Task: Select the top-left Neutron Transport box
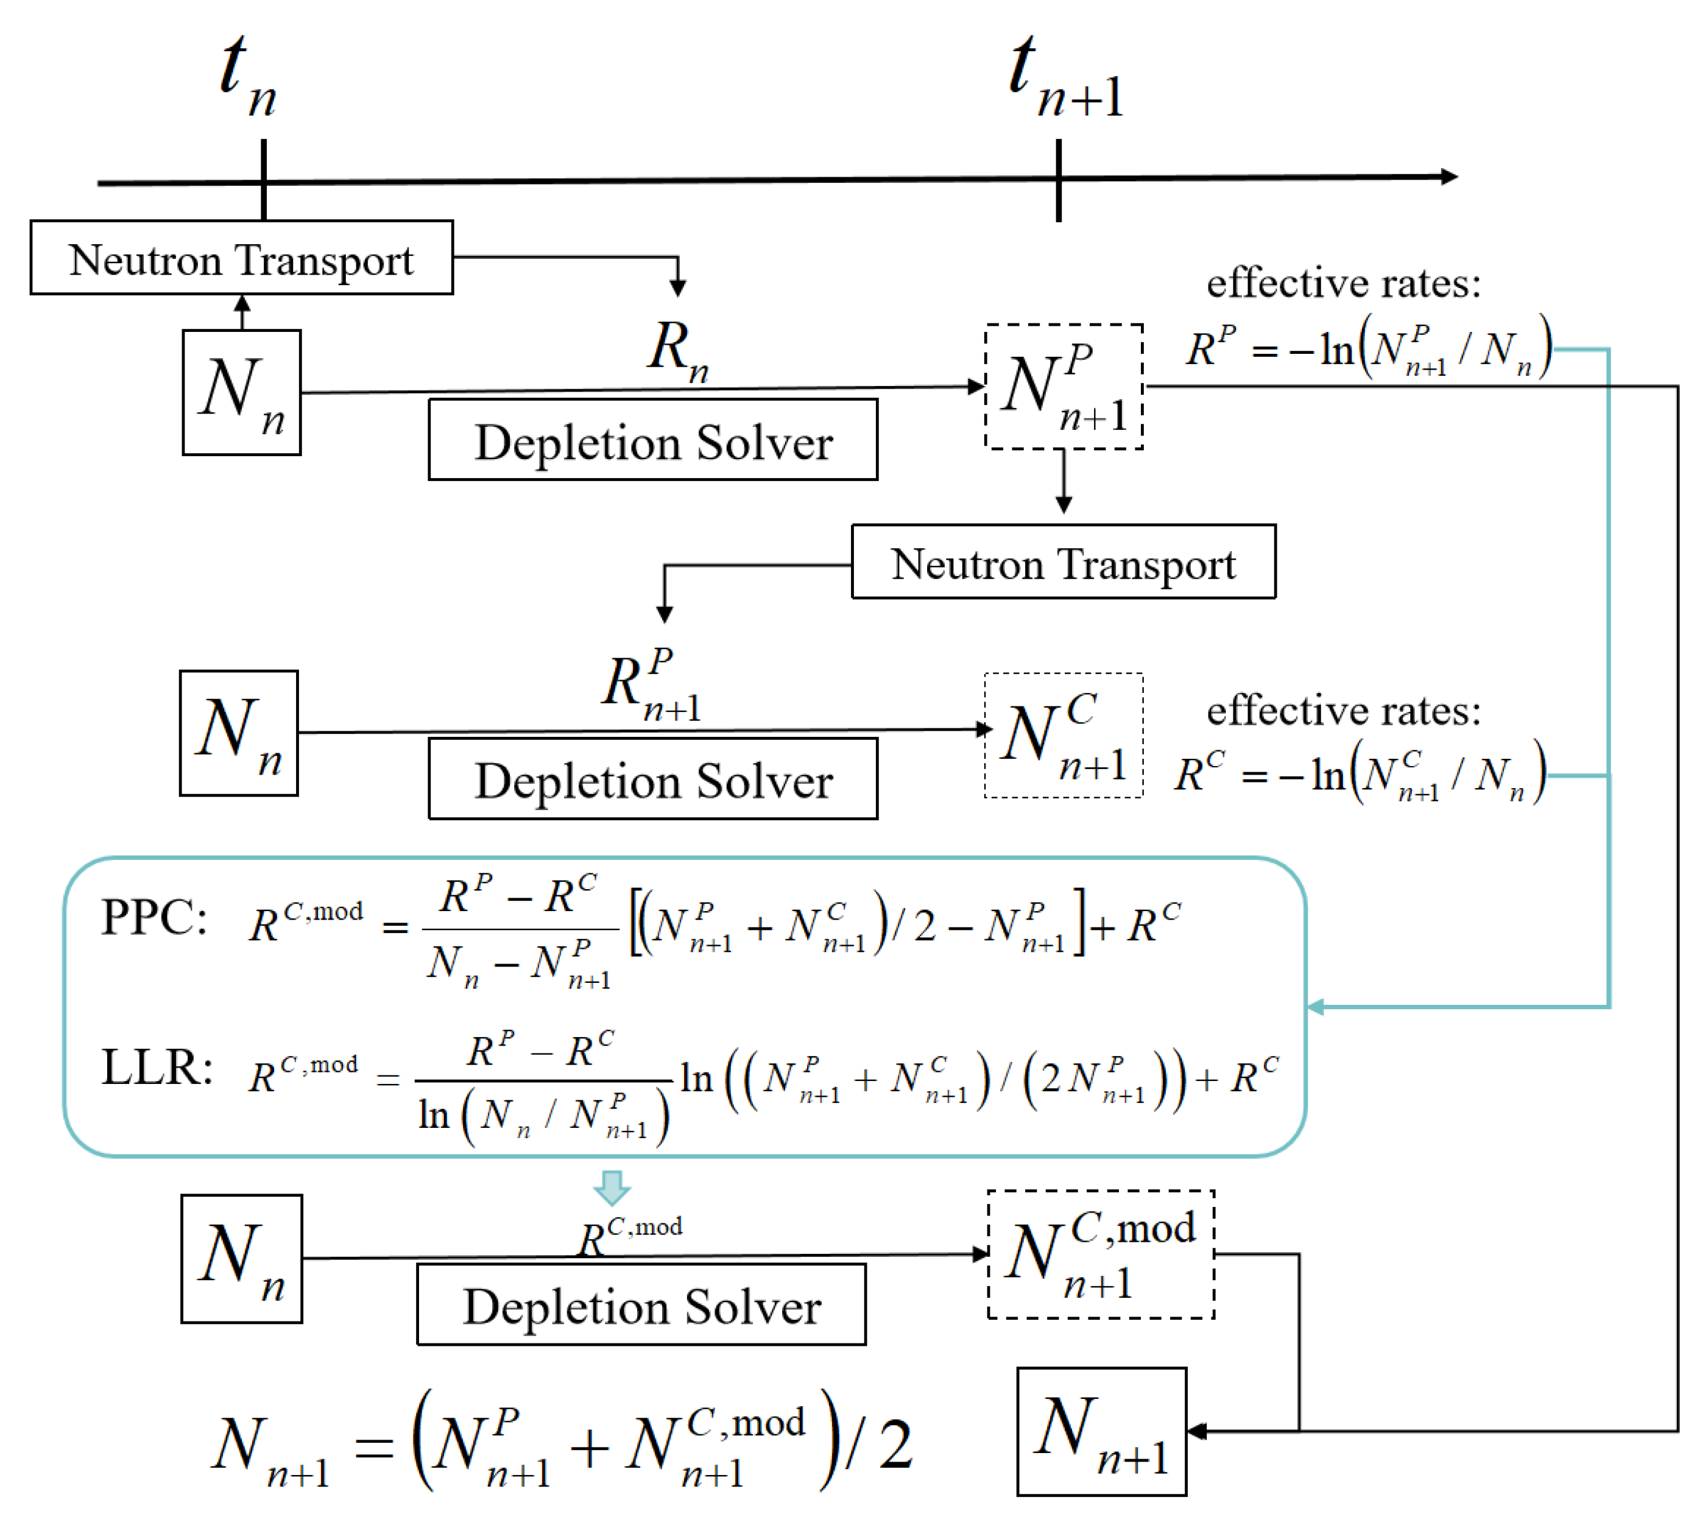242,258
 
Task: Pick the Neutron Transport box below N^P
1064,561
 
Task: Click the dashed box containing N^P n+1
1064,387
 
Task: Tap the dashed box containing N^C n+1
1064,736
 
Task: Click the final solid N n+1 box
1102,1431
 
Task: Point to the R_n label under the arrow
677,350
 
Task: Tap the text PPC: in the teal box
154,918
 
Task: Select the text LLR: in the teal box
157,1068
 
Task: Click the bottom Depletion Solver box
641,1304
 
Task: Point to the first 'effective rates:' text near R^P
1344,283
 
